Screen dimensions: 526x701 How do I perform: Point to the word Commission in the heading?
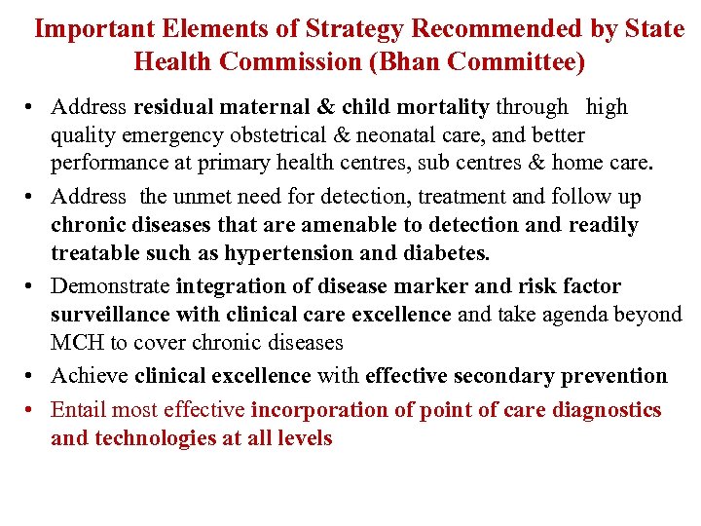click(x=291, y=62)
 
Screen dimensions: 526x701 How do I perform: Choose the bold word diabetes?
click(x=445, y=253)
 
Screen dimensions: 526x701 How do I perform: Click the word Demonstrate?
click(x=110, y=286)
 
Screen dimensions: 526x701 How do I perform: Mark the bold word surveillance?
click(x=111, y=315)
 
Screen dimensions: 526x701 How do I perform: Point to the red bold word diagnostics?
click(x=607, y=410)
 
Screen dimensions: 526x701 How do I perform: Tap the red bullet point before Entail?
click(x=34, y=410)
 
